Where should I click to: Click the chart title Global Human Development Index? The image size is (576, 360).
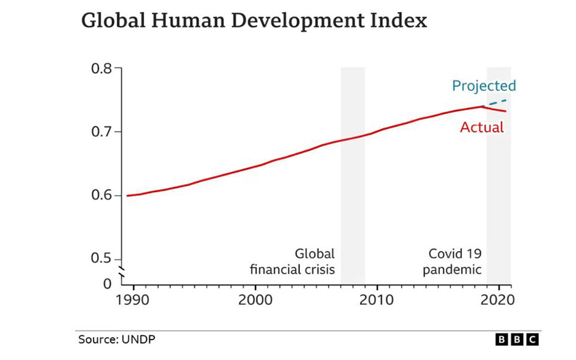click(254, 21)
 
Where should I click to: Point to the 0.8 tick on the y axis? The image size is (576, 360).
click(101, 68)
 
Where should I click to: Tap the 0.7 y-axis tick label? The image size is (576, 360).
click(101, 132)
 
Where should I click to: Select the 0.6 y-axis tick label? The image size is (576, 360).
click(101, 196)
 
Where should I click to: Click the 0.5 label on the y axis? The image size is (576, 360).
click(101, 259)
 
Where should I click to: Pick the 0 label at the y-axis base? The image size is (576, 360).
click(107, 283)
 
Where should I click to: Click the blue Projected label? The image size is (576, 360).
click(484, 86)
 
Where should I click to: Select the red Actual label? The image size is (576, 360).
click(482, 128)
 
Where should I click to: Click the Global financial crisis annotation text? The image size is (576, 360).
click(292, 262)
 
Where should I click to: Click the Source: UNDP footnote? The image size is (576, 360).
click(117, 340)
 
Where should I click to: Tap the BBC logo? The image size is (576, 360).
click(517, 340)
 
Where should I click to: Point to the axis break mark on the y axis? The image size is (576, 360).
click(121, 274)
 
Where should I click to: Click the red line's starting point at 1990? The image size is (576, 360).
click(128, 196)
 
